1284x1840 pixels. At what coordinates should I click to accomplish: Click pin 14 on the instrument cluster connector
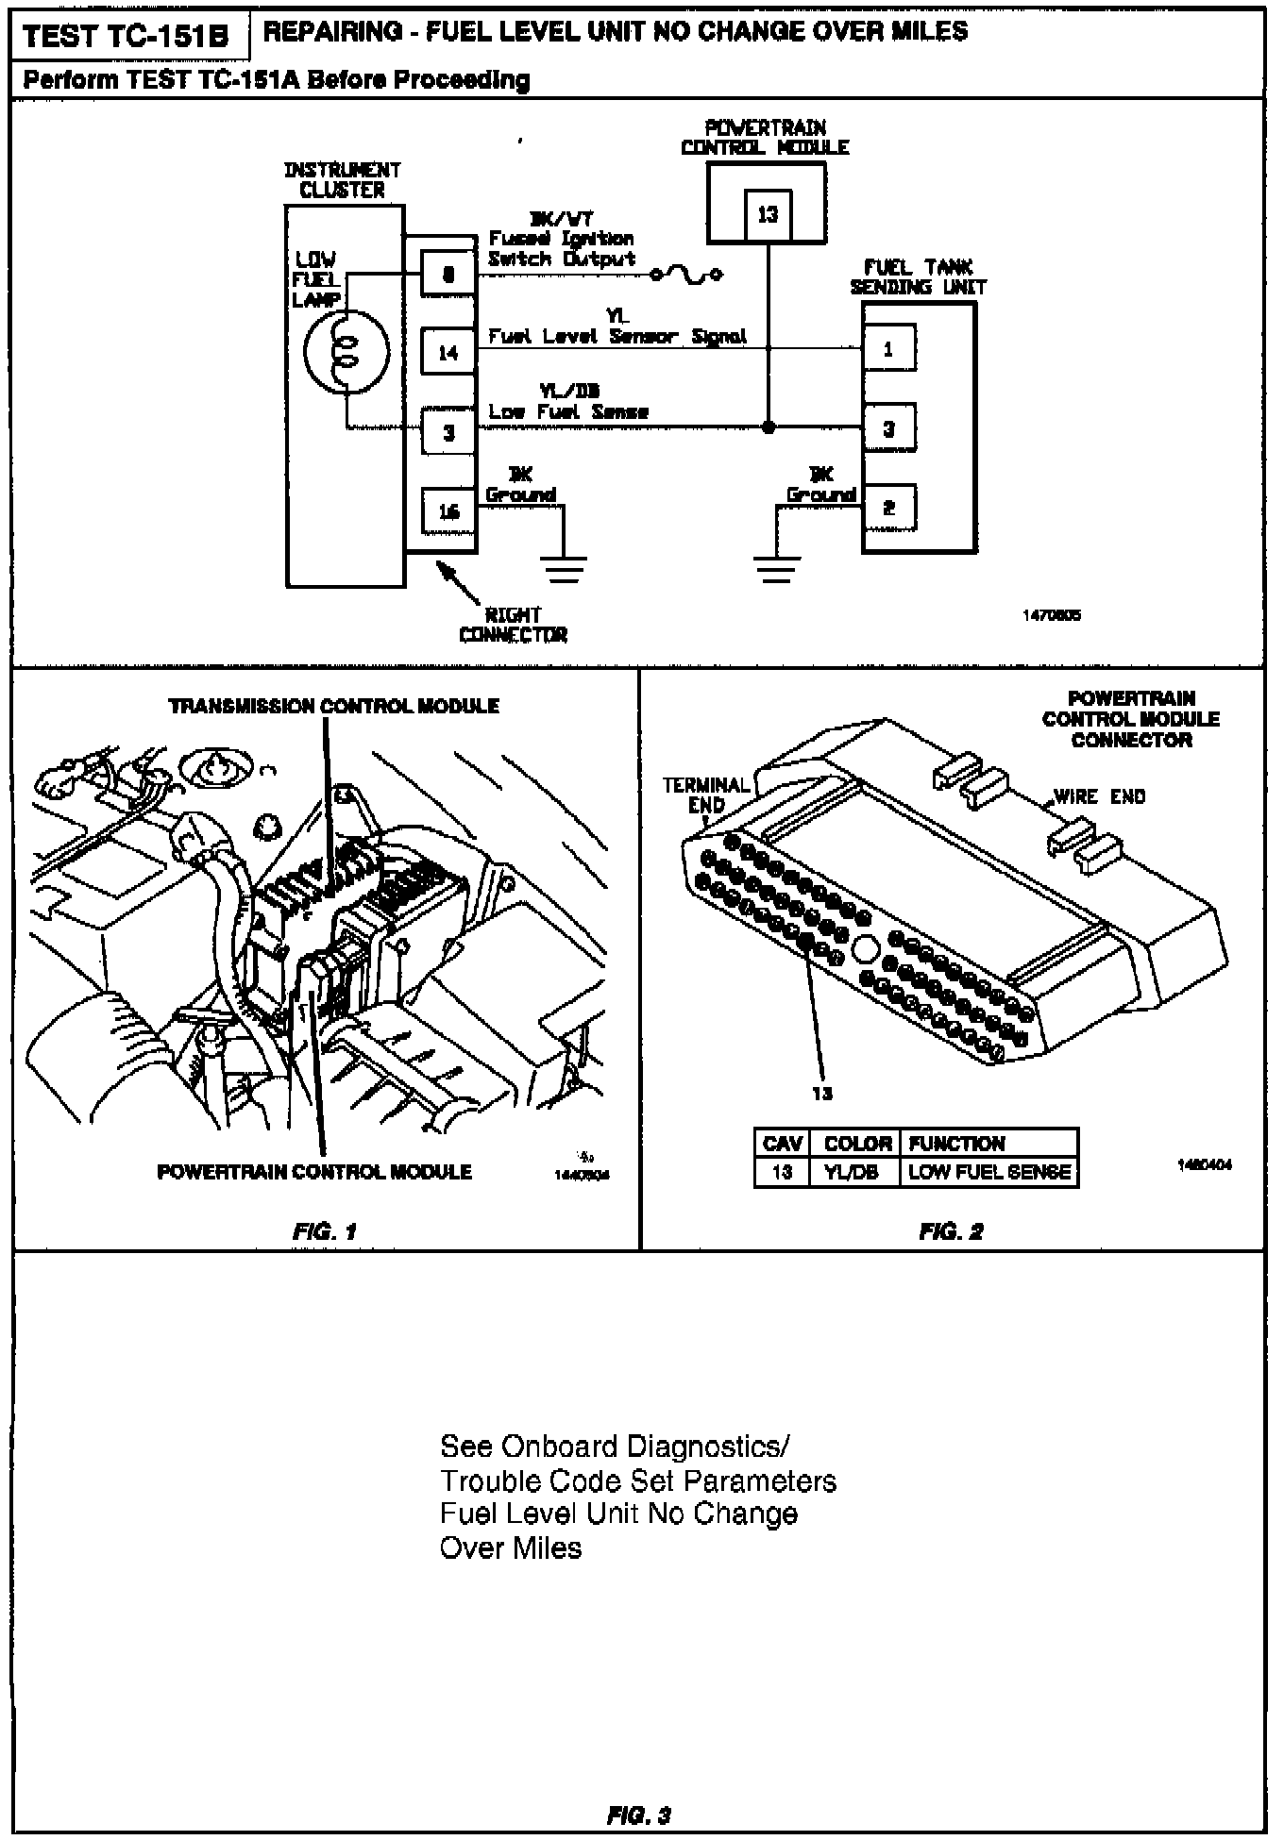click(x=448, y=352)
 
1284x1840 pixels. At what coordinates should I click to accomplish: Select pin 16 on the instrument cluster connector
click(x=448, y=510)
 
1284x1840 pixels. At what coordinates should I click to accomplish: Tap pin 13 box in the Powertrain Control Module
click(x=768, y=214)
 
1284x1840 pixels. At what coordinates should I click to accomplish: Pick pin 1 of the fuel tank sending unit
click(x=887, y=349)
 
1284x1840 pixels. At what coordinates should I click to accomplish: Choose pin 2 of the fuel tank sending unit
click(x=887, y=508)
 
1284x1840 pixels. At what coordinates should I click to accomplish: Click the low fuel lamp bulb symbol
click(x=345, y=351)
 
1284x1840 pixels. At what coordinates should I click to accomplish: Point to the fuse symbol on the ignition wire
click(x=686, y=275)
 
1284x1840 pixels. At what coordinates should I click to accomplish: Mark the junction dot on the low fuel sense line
click(x=769, y=427)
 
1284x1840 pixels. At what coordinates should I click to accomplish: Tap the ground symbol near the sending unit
click(x=777, y=568)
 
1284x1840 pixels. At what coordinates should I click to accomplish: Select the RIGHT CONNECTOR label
click(x=513, y=625)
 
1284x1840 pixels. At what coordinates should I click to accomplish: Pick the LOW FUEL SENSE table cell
click(x=988, y=1173)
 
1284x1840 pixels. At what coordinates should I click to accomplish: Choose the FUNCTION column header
click(x=956, y=1144)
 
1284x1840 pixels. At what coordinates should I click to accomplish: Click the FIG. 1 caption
click(x=324, y=1231)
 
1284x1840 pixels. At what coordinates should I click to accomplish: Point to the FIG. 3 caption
click(x=638, y=1814)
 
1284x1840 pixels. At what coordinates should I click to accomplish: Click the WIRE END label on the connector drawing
click(x=1099, y=796)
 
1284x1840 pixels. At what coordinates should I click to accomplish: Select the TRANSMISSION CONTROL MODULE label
click(x=333, y=706)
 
